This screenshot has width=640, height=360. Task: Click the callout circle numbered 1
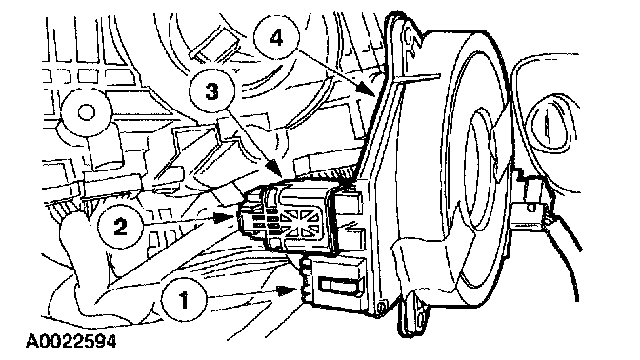[x=184, y=300]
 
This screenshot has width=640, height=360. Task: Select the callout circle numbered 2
[x=120, y=226]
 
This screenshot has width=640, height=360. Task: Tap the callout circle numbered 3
[x=211, y=90]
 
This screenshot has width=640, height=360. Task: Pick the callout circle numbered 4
[x=276, y=38]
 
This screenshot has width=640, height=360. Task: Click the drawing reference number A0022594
[x=71, y=341]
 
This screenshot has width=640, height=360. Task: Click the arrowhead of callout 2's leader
[x=228, y=217]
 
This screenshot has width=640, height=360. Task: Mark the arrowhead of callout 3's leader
[x=273, y=169]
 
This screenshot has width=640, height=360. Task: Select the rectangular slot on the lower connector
[x=340, y=284]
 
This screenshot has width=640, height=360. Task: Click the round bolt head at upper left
[x=86, y=111]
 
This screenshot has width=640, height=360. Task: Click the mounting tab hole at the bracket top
[x=409, y=36]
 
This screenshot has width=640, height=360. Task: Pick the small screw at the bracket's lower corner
[x=381, y=307]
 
